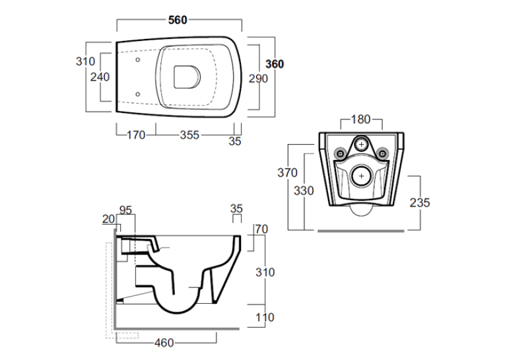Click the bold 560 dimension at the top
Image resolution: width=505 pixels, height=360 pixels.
point(178,20)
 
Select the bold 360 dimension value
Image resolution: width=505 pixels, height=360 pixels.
point(275,64)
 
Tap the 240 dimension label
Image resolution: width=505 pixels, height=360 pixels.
point(100,77)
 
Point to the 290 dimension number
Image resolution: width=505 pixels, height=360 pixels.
point(258,79)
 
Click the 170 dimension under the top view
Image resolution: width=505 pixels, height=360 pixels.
point(136,135)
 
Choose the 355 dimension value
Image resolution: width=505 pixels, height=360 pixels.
point(189,135)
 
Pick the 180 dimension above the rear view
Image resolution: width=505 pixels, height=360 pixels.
point(360,120)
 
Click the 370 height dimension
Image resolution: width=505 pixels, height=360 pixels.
point(287,173)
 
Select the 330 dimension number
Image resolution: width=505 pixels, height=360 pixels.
point(304,191)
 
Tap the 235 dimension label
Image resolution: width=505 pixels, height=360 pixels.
point(420,203)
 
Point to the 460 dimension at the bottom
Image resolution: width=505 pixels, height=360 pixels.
point(164,343)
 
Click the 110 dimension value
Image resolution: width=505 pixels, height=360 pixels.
point(265,318)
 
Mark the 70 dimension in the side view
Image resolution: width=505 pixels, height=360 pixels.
point(261,229)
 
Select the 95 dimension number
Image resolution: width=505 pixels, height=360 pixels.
point(125,210)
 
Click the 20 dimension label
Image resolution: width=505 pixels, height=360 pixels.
point(108,219)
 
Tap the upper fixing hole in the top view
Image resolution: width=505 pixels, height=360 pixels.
point(137,60)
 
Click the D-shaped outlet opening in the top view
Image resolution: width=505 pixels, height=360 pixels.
point(187,77)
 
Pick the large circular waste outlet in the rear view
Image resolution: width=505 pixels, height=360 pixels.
point(361,176)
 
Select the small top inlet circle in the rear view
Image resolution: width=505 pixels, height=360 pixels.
point(361,145)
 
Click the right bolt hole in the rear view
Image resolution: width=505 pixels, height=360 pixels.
point(383,153)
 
